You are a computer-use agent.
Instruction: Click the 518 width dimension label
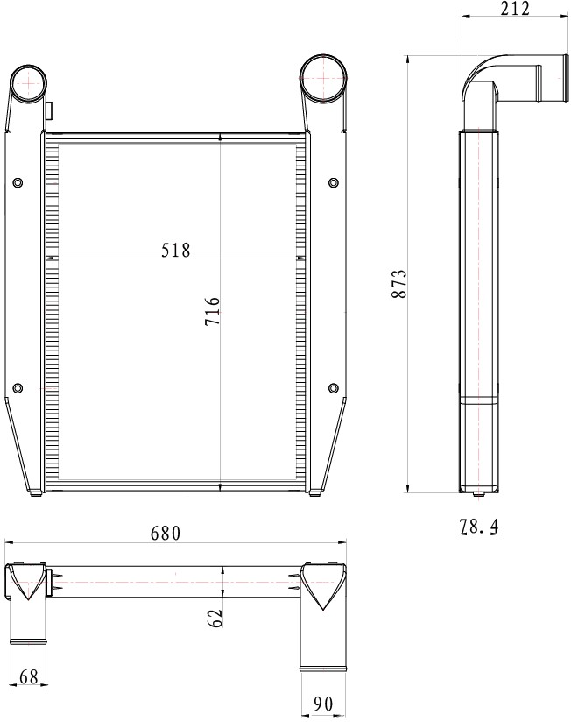pyautogui.click(x=175, y=250)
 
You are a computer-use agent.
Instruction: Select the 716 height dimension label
pyautogui.click(x=212, y=311)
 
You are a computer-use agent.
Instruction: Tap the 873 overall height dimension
pyautogui.click(x=398, y=286)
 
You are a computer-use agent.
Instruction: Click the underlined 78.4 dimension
pyautogui.click(x=478, y=527)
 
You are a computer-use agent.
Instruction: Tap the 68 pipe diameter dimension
pyautogui.click(x=28, y=676)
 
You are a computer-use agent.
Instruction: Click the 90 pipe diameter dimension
pyautogui.click(x=324, y=704)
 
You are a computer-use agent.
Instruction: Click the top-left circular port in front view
pyautogui.click(x=32, y=83)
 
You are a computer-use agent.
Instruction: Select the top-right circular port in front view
pyautogui.click(x=324, y=78)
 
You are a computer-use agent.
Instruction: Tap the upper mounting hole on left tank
pyautogui.click(x=18, y=182)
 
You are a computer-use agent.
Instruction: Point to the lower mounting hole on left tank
pyautogui.click(x=18, y=388)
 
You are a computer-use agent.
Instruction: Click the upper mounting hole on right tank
pyautogui.click(x=333, y=182)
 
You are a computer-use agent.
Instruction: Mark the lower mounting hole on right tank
pyautogui.click(x=333, y=388)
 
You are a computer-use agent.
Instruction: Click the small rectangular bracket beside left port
pyautogui.click(x=49, y=110)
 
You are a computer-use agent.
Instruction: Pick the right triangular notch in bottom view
pyautogui.click(x=324, y=588)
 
